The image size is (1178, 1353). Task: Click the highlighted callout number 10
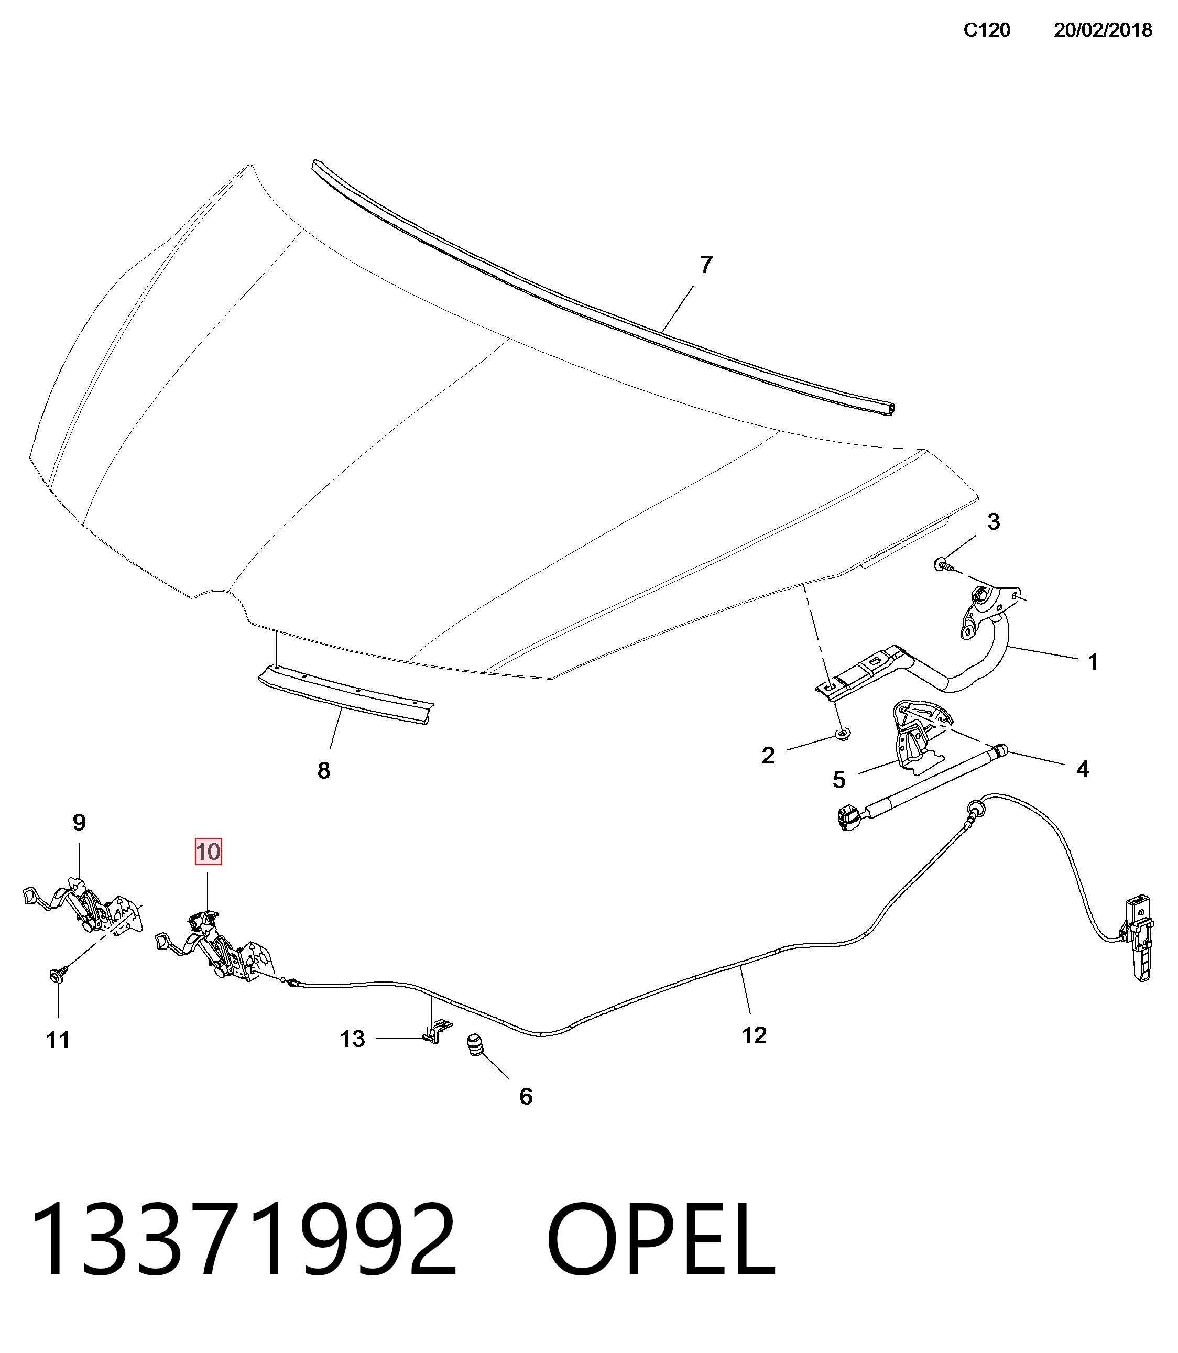[209, 852]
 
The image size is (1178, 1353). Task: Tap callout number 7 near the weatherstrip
[706, 265]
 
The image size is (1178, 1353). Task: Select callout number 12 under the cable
[754, 1035]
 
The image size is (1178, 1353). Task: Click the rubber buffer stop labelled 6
[475, 1045]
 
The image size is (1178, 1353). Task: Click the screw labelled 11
[58, 976]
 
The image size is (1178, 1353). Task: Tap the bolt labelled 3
[942, 563]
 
